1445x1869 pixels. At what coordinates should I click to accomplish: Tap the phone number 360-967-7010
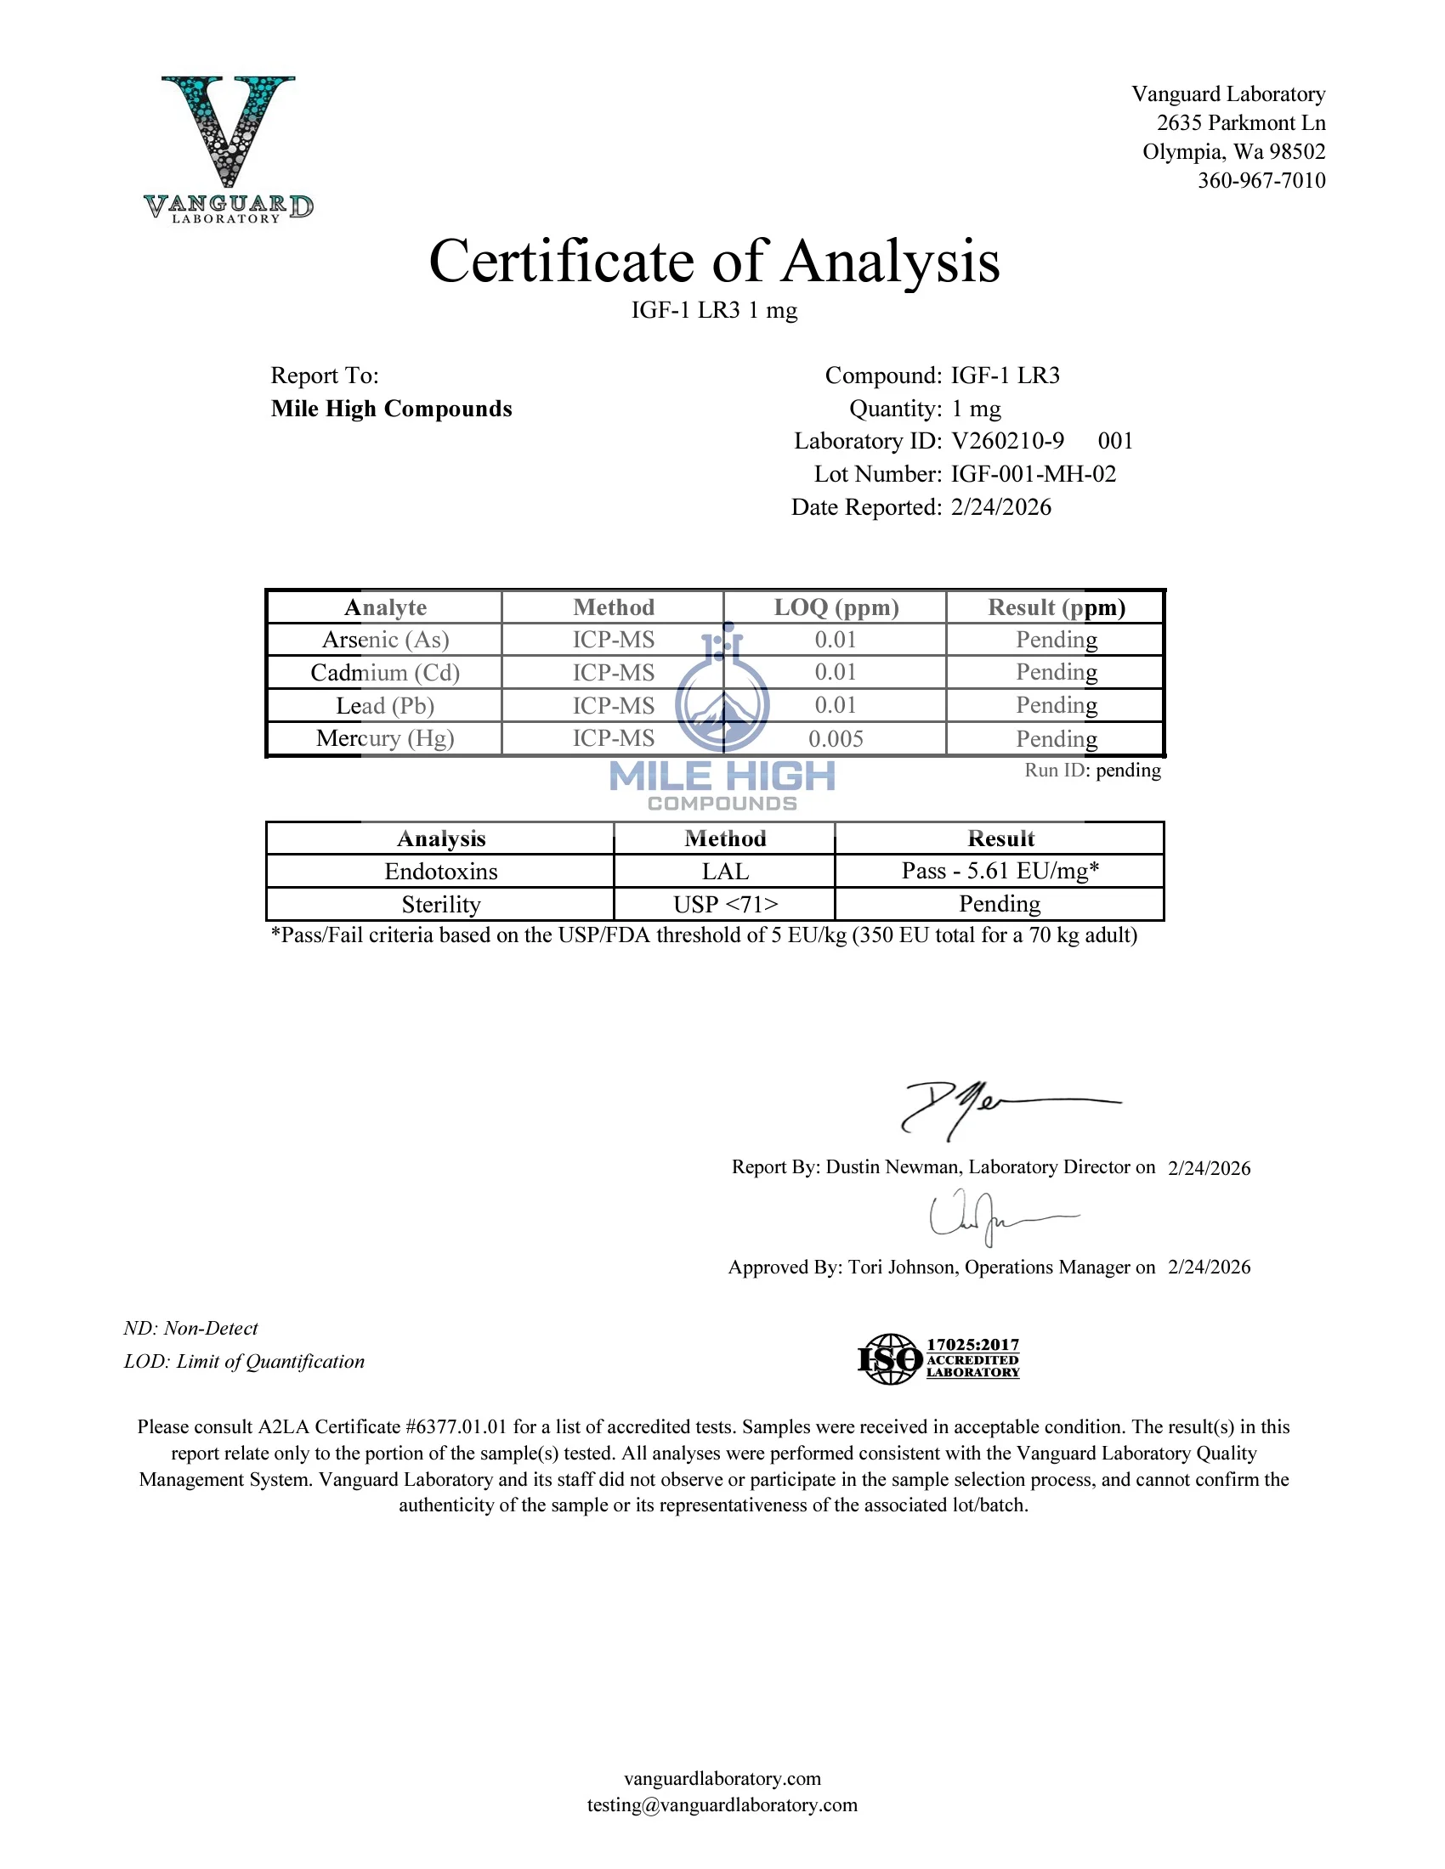pos(1261,181)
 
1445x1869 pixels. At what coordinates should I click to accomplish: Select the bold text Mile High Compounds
pos(391,409)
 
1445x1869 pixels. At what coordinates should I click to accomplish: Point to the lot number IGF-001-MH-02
pos(1034,474)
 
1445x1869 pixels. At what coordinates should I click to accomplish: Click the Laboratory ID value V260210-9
pos(1007,441)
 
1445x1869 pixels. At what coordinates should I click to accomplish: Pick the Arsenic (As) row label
pos(385,640)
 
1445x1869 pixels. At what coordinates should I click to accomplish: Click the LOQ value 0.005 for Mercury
pos(836,738)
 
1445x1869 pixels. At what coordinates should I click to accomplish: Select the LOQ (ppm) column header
pos(836,607)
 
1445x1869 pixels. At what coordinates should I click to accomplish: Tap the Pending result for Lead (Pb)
pos(1057,705)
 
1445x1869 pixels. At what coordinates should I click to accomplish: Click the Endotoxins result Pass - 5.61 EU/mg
pos(999,871)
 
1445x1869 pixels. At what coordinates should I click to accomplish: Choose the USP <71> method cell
pos(725,905)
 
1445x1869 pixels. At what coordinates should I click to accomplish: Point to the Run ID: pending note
pos(1092,771)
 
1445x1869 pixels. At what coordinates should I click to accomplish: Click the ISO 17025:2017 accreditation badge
pos(939,1359)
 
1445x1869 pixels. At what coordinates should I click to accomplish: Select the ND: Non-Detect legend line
pos(190,1328)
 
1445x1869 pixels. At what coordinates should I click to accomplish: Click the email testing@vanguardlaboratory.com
pos(722,1804)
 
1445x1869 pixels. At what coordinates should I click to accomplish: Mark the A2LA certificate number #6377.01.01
pos(456,1426)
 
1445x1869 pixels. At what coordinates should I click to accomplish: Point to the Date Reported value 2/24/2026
pos(1000,507)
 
